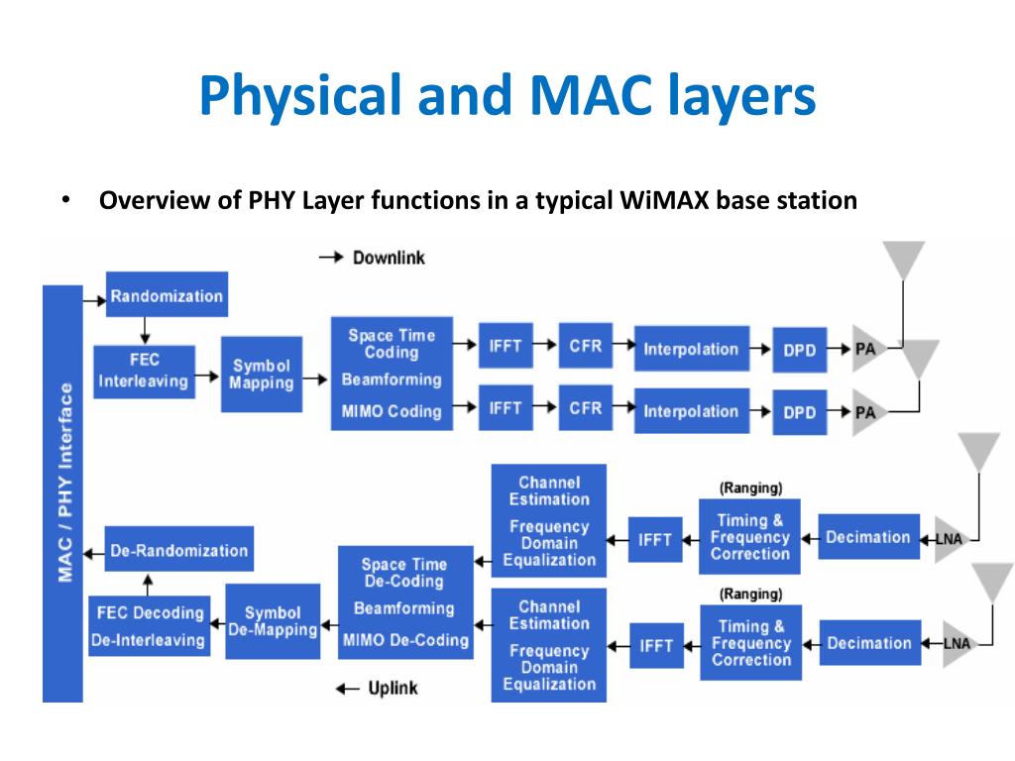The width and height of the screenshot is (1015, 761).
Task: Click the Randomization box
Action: pyautogui.click(x=167, y=295)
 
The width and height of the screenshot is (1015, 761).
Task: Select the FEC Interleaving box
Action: pyautogui.click(x=144, y=372)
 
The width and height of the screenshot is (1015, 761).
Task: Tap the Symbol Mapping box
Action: pyautogui.click(x=262, y=374)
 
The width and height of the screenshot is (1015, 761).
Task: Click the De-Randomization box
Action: pyautogui.click(x=178, y=550)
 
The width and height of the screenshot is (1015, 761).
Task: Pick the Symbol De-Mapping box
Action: pyautogui.click(x=273, y=621)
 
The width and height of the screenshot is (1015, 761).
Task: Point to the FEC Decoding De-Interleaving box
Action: pyautogui.click(x=148, y=625)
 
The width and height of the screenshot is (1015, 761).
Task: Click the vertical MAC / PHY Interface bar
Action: pyautogui.click(x=62, y=492)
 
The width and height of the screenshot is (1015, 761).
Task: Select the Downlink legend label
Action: pyautogui.click(x=388, y=258)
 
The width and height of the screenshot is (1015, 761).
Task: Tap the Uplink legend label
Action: pyautogui.click(x=393, y=688)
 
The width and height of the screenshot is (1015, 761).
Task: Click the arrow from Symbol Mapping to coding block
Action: pyautogui.click(x=316, y=379)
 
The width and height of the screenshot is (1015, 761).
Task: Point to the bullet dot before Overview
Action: pyautogui.click(x=64, y=201)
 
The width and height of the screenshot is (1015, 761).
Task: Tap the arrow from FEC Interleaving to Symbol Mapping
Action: pyautogui.click(x=207, y=377)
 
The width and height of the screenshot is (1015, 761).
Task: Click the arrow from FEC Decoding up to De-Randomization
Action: pyautogui.click(x=149, y=586)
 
